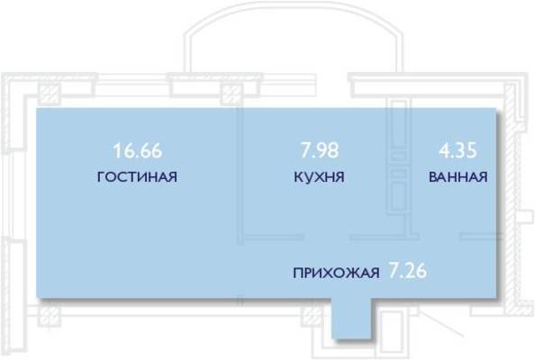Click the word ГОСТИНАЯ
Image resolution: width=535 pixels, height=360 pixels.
(137, 177)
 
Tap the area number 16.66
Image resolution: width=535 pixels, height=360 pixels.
(138, 150)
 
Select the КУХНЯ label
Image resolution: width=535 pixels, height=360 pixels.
(320, 177)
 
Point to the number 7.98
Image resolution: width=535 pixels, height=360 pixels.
(320, 150)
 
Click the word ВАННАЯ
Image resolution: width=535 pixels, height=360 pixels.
(458, 177)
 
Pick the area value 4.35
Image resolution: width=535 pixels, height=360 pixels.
(458, 150)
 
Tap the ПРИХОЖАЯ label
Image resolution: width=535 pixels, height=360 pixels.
(336, 273)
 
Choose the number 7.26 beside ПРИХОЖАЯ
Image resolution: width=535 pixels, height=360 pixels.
(408, 272)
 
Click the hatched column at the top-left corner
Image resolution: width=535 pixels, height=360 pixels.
(50, 94)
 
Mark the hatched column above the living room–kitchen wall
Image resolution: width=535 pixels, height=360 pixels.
(232, 94)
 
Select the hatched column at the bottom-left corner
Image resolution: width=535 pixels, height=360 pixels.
(50, 314)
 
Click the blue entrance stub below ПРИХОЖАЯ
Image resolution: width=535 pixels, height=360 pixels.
(351, 319)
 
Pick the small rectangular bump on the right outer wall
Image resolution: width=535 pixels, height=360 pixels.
(524, 217)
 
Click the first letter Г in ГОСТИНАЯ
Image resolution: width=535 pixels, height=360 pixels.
(101, 177)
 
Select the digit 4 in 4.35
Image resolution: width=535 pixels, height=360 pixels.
(444, 150)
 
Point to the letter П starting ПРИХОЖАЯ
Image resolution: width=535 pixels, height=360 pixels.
(298, 274)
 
